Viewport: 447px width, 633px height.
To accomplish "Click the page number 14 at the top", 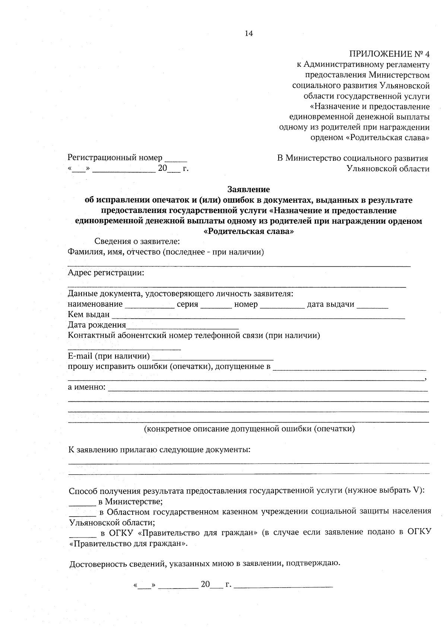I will [248, 34].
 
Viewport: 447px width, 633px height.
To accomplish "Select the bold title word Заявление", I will [248, 189].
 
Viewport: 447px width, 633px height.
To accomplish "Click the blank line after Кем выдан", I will [258, 316].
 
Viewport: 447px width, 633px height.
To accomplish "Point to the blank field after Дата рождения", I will [182, 326].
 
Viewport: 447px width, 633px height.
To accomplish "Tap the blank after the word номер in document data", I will [282, 306].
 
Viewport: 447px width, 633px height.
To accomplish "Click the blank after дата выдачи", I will [372, 306].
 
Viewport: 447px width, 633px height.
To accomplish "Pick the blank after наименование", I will [149, 306].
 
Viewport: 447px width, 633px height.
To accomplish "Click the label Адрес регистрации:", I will [106, 273].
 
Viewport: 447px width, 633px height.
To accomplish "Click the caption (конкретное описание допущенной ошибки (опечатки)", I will [249, 429].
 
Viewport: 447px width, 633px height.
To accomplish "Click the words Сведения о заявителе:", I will [137, 242].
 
